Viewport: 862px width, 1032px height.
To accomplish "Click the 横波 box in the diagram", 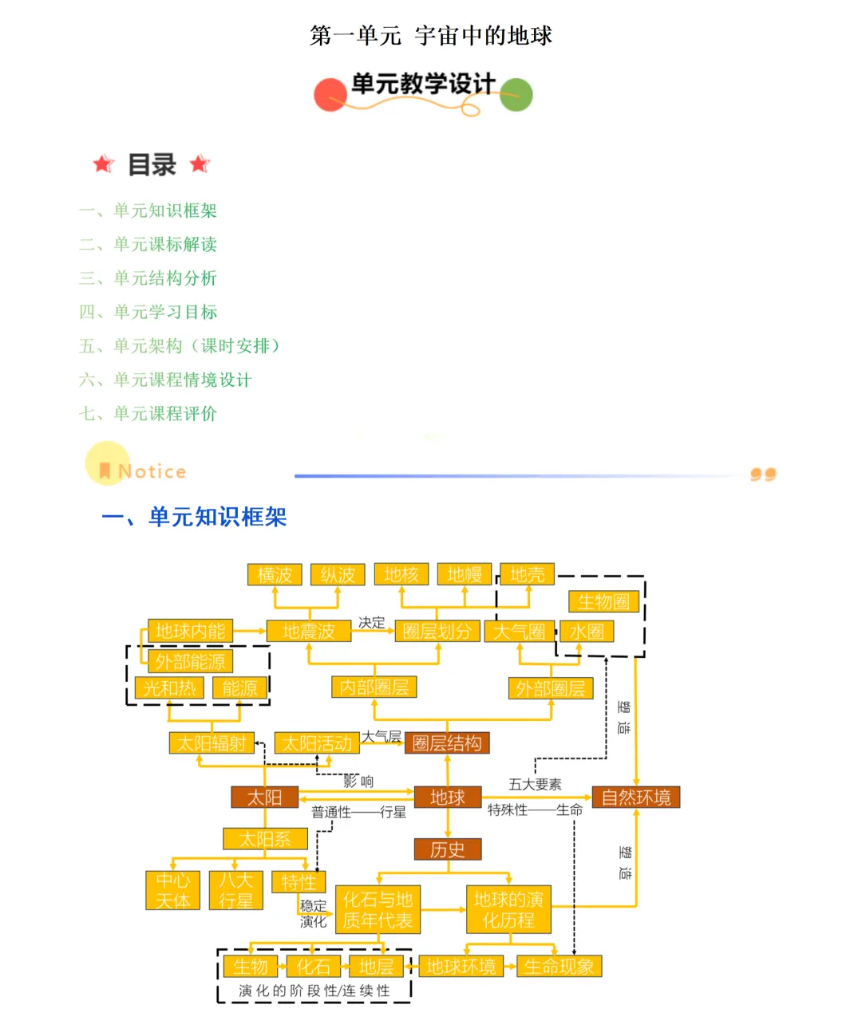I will tap(275, 574).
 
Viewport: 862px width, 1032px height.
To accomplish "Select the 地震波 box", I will tap(309, 631).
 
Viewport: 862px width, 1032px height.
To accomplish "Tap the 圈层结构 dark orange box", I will tap(447, 743).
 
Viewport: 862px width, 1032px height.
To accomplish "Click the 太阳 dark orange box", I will tap(264, 797).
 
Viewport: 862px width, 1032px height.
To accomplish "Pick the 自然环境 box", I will tap(635, 797).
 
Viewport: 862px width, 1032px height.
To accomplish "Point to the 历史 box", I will tap(447, 849).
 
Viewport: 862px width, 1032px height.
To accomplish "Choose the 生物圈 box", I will tap(603, 601).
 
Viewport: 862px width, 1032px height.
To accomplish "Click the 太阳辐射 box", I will tap(212, 743).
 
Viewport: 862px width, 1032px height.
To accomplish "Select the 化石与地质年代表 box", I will tap(378, 910).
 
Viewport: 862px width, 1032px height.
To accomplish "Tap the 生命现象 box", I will tap(559, 967).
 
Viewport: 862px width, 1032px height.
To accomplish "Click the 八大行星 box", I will tap(235, 890).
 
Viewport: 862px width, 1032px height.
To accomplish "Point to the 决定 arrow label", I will tap(371, 622).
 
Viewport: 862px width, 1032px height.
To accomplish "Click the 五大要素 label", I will tap(535, 784).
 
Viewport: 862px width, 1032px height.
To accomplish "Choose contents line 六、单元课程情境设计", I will tap(165, 380).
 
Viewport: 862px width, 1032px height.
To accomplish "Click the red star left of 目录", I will tap(103, 164).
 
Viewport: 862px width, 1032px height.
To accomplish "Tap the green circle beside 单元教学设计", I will tap(516, 95).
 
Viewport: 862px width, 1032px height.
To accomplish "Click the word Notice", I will tap(152, 471).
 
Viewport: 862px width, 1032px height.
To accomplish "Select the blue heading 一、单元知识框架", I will tap(194, 517).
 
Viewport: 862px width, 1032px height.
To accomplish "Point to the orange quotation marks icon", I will tap(763, 475).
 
